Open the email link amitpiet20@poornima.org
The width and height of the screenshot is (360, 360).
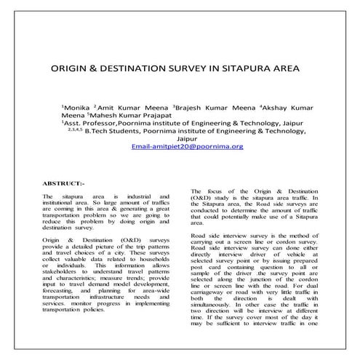tap(187, 146)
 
